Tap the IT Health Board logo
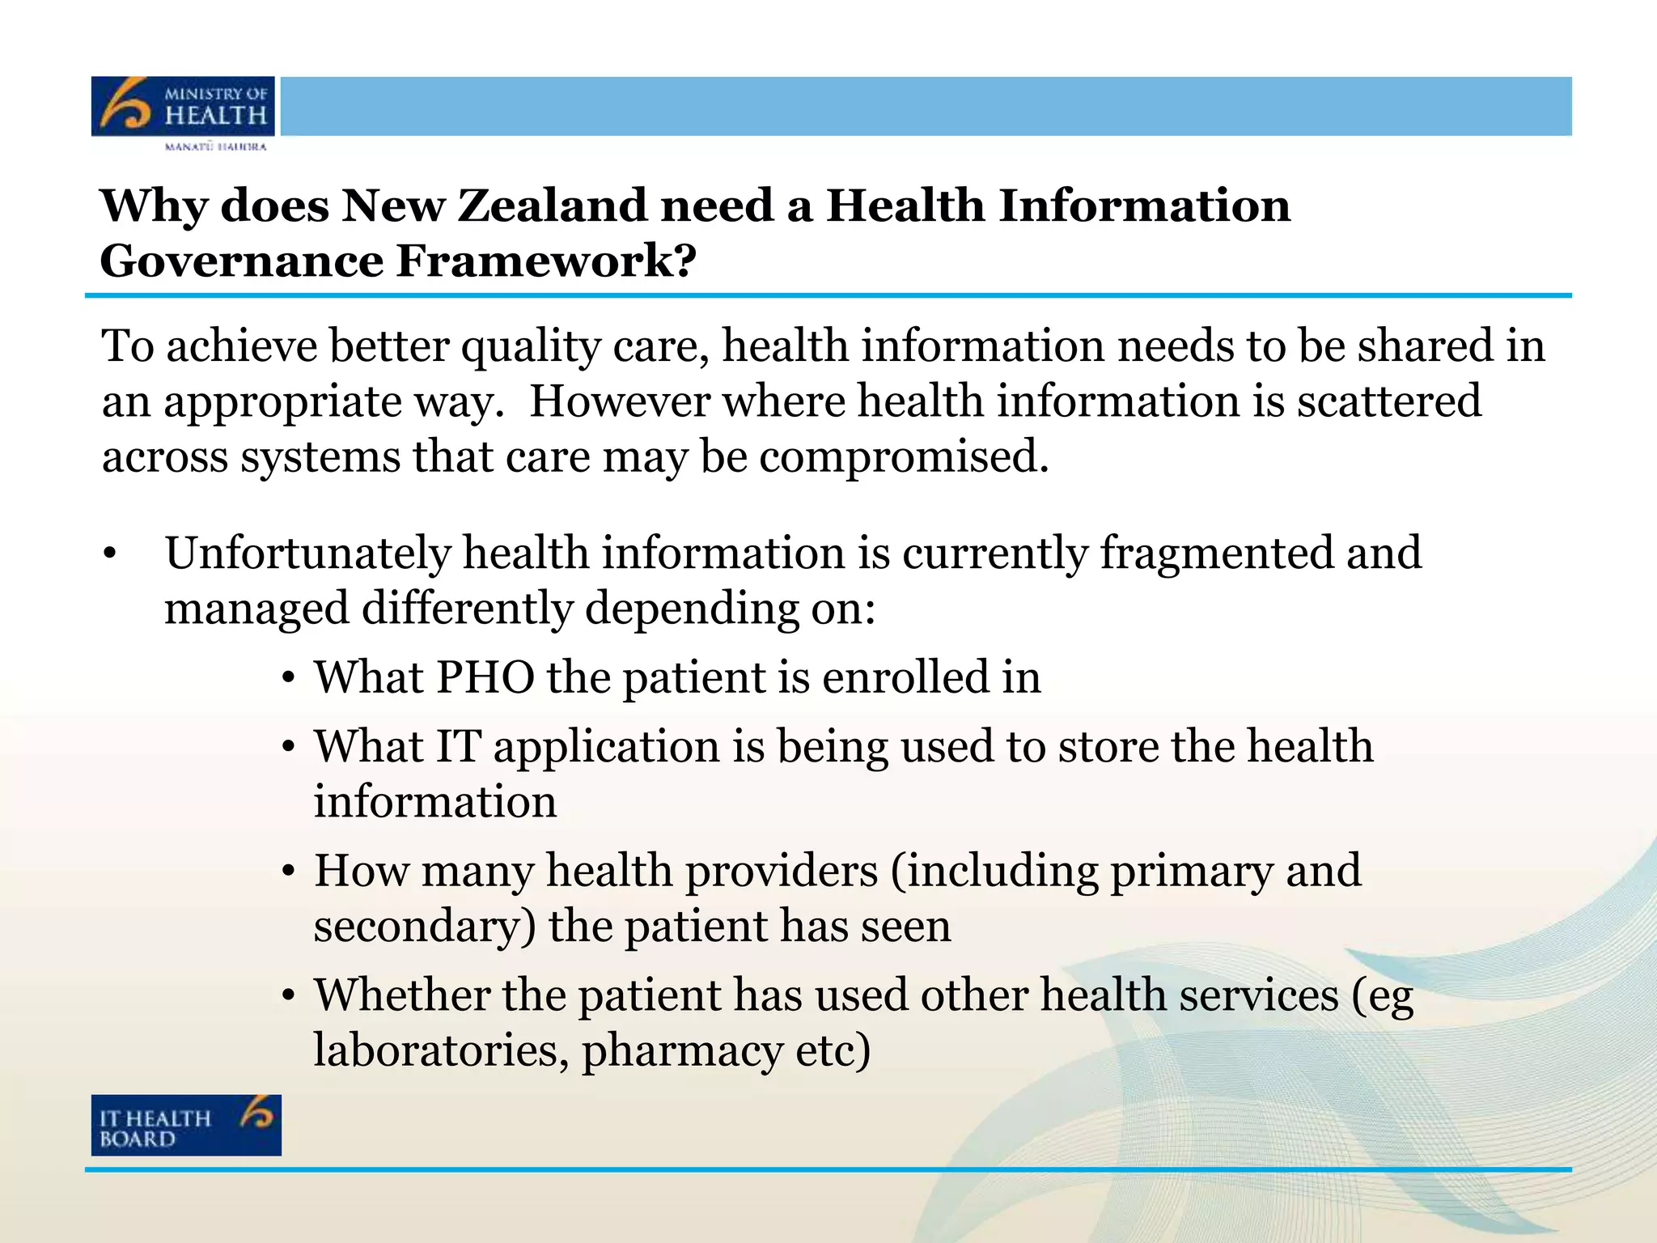coord(186,1125)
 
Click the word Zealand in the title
coord(552,206)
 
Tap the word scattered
coord(1389,401)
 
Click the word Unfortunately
coord(307,554)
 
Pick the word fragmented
coord(1216,554)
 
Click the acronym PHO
coord(485,677)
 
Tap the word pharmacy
coord(682,1052)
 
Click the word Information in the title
coord(1144,206)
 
